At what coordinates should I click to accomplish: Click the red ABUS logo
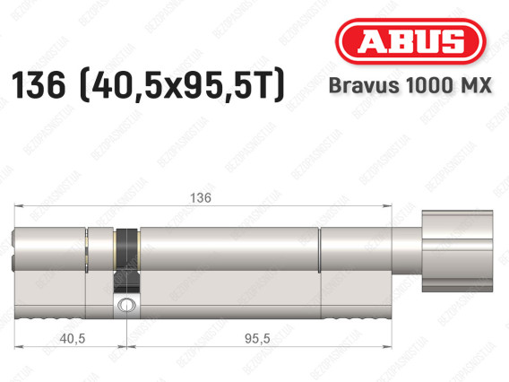[410, 41]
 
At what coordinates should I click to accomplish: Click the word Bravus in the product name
[364, 85]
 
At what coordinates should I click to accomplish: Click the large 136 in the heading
[39, 85]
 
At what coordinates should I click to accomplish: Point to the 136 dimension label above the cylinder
[201, 198]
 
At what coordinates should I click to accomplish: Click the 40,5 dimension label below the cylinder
[73, 338]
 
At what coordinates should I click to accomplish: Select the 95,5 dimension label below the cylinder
[257, 338]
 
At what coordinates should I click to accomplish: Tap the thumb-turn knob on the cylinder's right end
[457, 250]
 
